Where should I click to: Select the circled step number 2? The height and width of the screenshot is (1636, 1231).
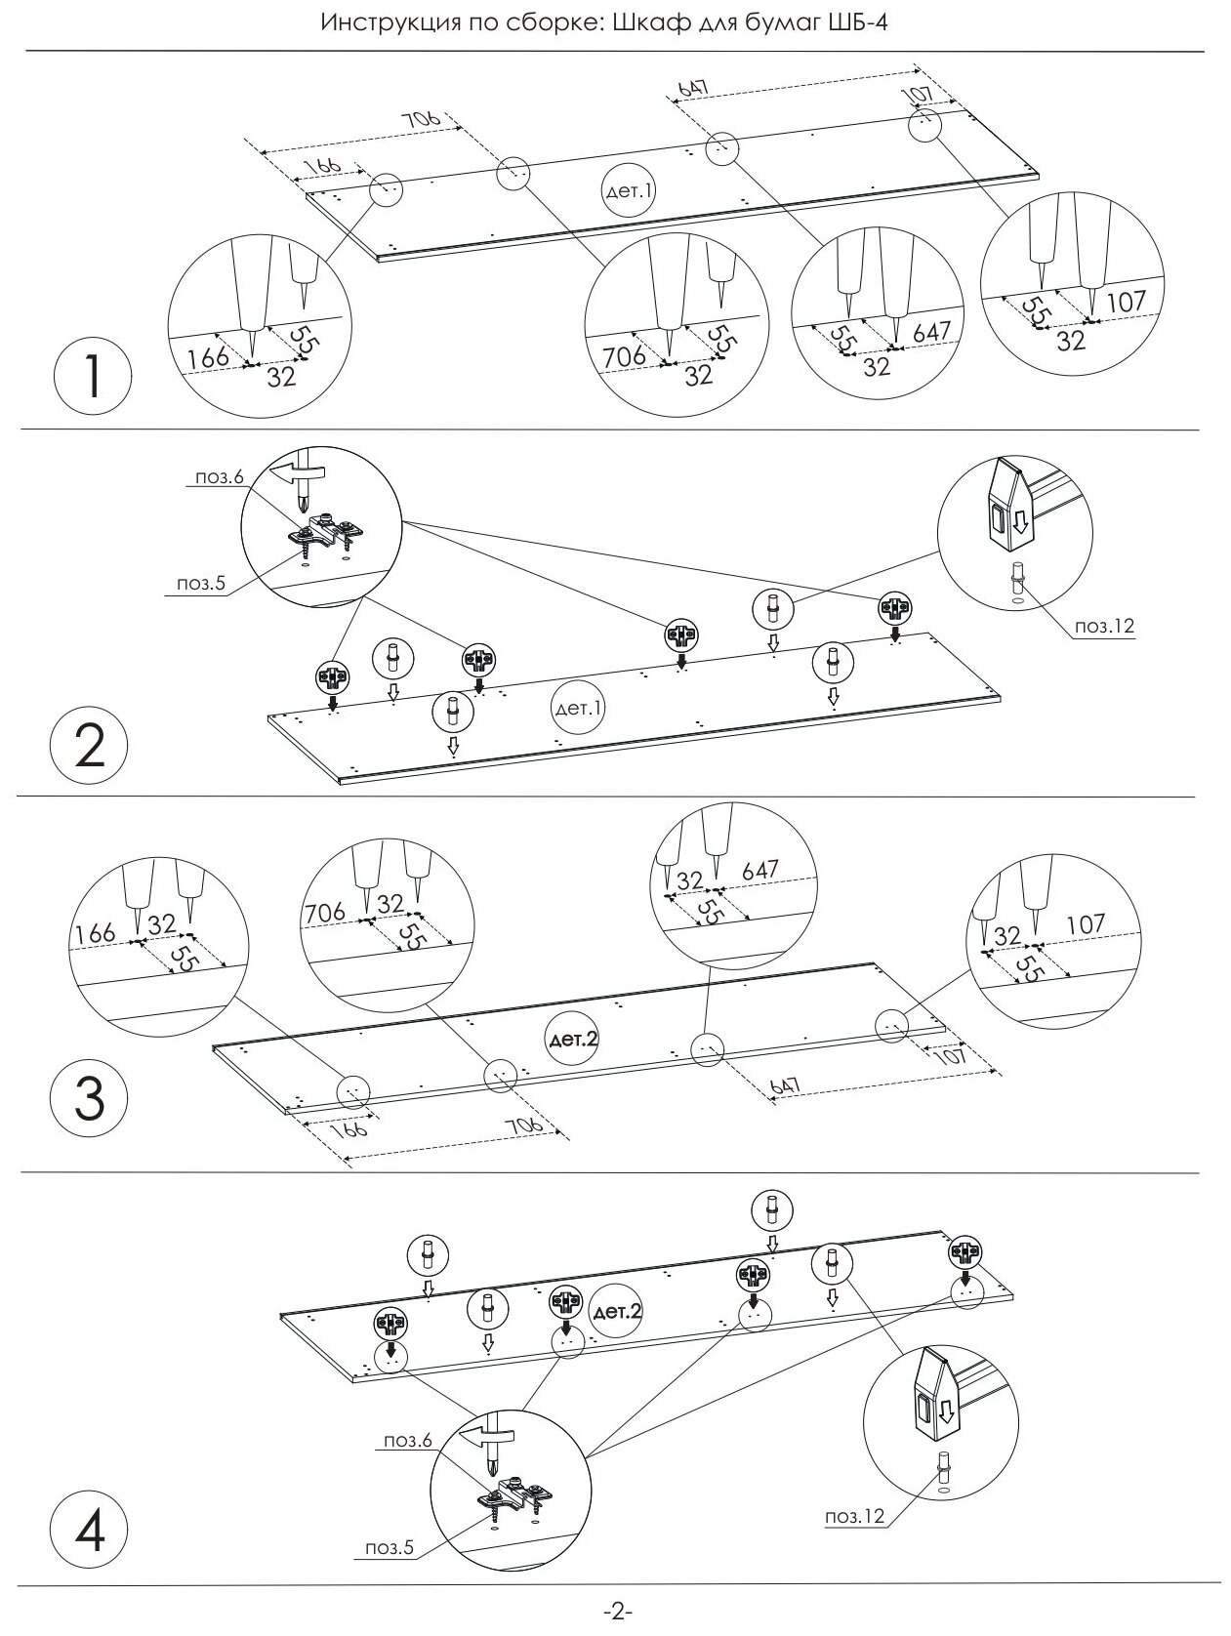[x=89, y=747]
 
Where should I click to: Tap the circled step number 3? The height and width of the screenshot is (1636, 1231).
[x=89, y=1099]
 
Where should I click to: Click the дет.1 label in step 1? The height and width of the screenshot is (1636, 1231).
[x=628, y=190]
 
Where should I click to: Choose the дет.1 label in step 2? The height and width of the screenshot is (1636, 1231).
[x=577, y=709]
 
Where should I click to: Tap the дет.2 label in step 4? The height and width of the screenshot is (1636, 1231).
[x=617, y=1312]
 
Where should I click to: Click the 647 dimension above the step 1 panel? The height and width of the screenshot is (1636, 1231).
[x=692, y=86]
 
